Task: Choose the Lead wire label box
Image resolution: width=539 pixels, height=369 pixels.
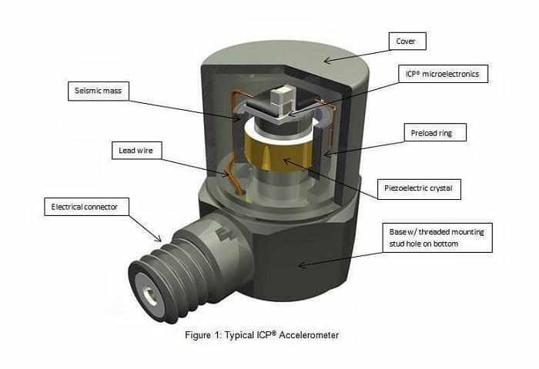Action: (x=136, y=151)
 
